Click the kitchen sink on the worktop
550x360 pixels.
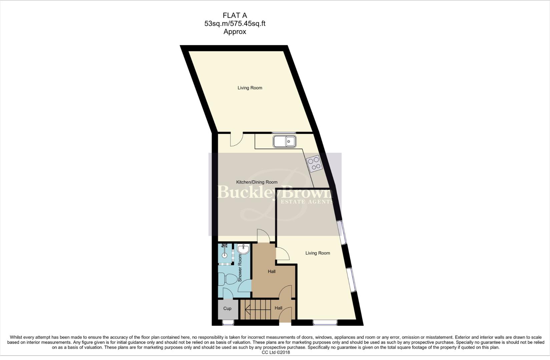[x=284, y=141]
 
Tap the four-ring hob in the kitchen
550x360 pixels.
[x=315, y=164]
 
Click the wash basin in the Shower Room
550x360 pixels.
[x=244, y=249]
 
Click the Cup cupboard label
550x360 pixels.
[x=227, y=308]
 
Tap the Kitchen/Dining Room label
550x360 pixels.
[x=257, y=182]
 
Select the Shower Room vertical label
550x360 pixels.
[x=239, y=268]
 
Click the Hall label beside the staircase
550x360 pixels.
[x=278, y=308]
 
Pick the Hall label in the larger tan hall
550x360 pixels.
[x=271, y=271]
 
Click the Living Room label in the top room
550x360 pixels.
[x=250, y=88]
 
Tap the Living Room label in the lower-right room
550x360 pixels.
[x=318, y=253]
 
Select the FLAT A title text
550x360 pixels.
[x=234, y=15]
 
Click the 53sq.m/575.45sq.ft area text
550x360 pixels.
[x=234, y=24]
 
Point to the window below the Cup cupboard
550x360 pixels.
[x=228, y=322]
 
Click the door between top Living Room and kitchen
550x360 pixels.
[x=236, y=139]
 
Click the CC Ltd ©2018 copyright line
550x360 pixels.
[x=276, y=352]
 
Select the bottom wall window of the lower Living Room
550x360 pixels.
[x=325, y=322]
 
